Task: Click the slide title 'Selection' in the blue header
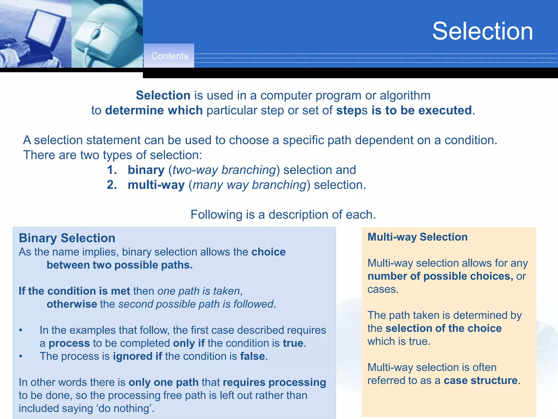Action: point(483,31)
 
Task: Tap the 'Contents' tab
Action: point(169,56)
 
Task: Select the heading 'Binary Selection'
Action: point(67,238)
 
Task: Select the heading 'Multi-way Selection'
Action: point(417,237)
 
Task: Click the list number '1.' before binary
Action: point(112,170)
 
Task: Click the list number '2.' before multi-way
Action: point(112,185)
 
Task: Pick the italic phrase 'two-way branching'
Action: point(224,170)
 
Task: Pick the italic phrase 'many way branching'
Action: point(250,185)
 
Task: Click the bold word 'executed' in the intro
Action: point(445,110)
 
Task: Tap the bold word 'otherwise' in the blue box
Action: point(72,304)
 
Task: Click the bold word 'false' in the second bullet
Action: point(252,356)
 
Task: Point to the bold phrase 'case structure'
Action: point(481,381)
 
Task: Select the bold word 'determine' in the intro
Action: point(134,110)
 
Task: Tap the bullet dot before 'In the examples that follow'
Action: point(21,330)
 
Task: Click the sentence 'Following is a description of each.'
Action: point(283,215)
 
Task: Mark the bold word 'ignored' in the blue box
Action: point(133,356)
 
